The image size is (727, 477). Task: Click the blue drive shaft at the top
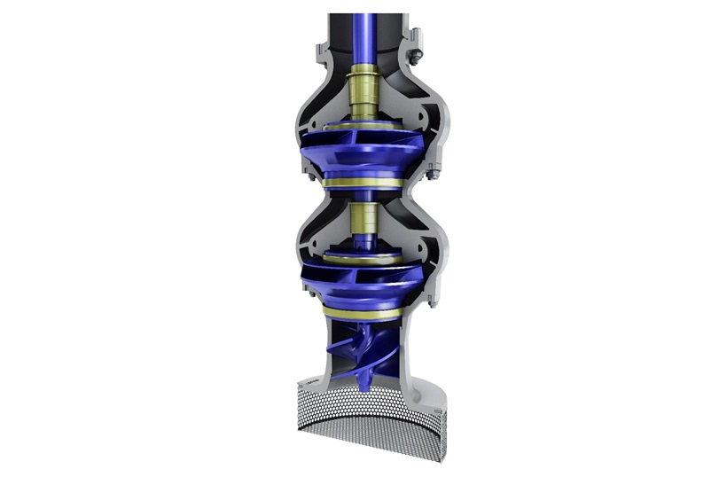pos(363,35)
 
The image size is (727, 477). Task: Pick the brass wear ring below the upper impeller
pos(363,184)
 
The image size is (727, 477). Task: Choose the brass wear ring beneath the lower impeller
pos(363,312)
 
